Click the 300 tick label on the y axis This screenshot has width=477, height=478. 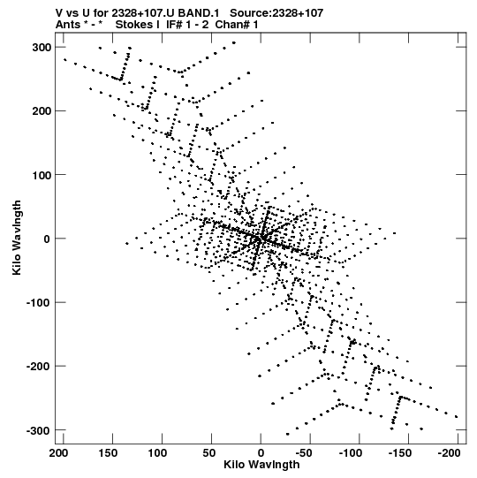pyautogui.click(x=42, y=48)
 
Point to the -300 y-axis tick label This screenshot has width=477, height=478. pyautogui.click(x=39, y=431)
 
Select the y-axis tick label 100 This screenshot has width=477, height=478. pyautogui.click(x=42, y=175)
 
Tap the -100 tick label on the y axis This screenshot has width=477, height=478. pyautogui.click(x=39, y=303)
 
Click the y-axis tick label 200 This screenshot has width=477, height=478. pyautogui.click(x=42, y=111)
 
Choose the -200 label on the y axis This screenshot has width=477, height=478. pyautogui.click(x=39, y=367)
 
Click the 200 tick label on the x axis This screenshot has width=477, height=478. pyautogui.click(x=59, y=453)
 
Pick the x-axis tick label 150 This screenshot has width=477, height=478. pyautogui.click(x=108, y=453)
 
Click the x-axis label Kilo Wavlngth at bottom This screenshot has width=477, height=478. pyautogui.click(x=261, y=465)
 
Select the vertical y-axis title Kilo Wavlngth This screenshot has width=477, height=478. pyautogui.click(x=17, y=238)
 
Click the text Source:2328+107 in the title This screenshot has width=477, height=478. pyautogui.click(x=276, y=13)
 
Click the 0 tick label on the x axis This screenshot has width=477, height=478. pyautogui.click(x=261, y=453)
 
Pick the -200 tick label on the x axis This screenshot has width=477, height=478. pyautogui.click(x=450, y=453)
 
